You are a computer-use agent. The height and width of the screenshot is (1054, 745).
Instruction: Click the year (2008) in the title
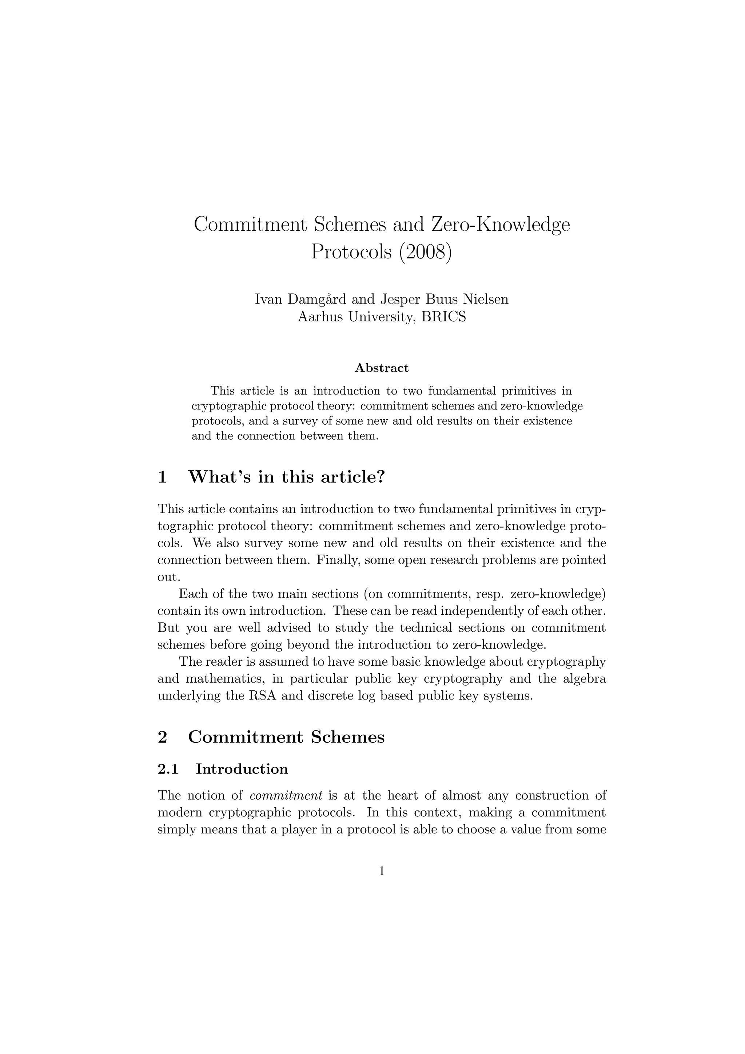(425, 252)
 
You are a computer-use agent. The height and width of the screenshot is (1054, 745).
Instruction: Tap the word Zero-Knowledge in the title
(501, 225)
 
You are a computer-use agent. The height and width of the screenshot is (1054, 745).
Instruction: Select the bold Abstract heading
(382, 368)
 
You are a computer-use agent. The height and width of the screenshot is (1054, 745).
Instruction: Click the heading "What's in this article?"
(286, 477)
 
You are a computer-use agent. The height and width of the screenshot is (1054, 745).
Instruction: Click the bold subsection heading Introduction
(242, 769)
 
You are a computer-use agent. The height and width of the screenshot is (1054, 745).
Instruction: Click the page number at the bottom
(382, 871)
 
